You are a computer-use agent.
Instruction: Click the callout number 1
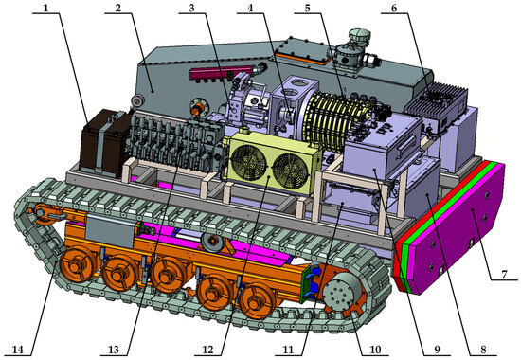tap(45, 8)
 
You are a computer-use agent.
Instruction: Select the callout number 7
tap(504, 275)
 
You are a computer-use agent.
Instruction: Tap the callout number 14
tap(19, 350)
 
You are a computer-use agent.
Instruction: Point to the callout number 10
tap(375, 350)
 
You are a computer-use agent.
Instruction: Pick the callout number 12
tap(209, 350)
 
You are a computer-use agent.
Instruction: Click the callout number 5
tap(307, 8)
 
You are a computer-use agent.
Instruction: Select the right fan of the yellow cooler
tap(291, 171)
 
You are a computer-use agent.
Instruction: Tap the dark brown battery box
tap(103, 144)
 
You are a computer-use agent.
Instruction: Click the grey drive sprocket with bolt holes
tap(341, 293)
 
